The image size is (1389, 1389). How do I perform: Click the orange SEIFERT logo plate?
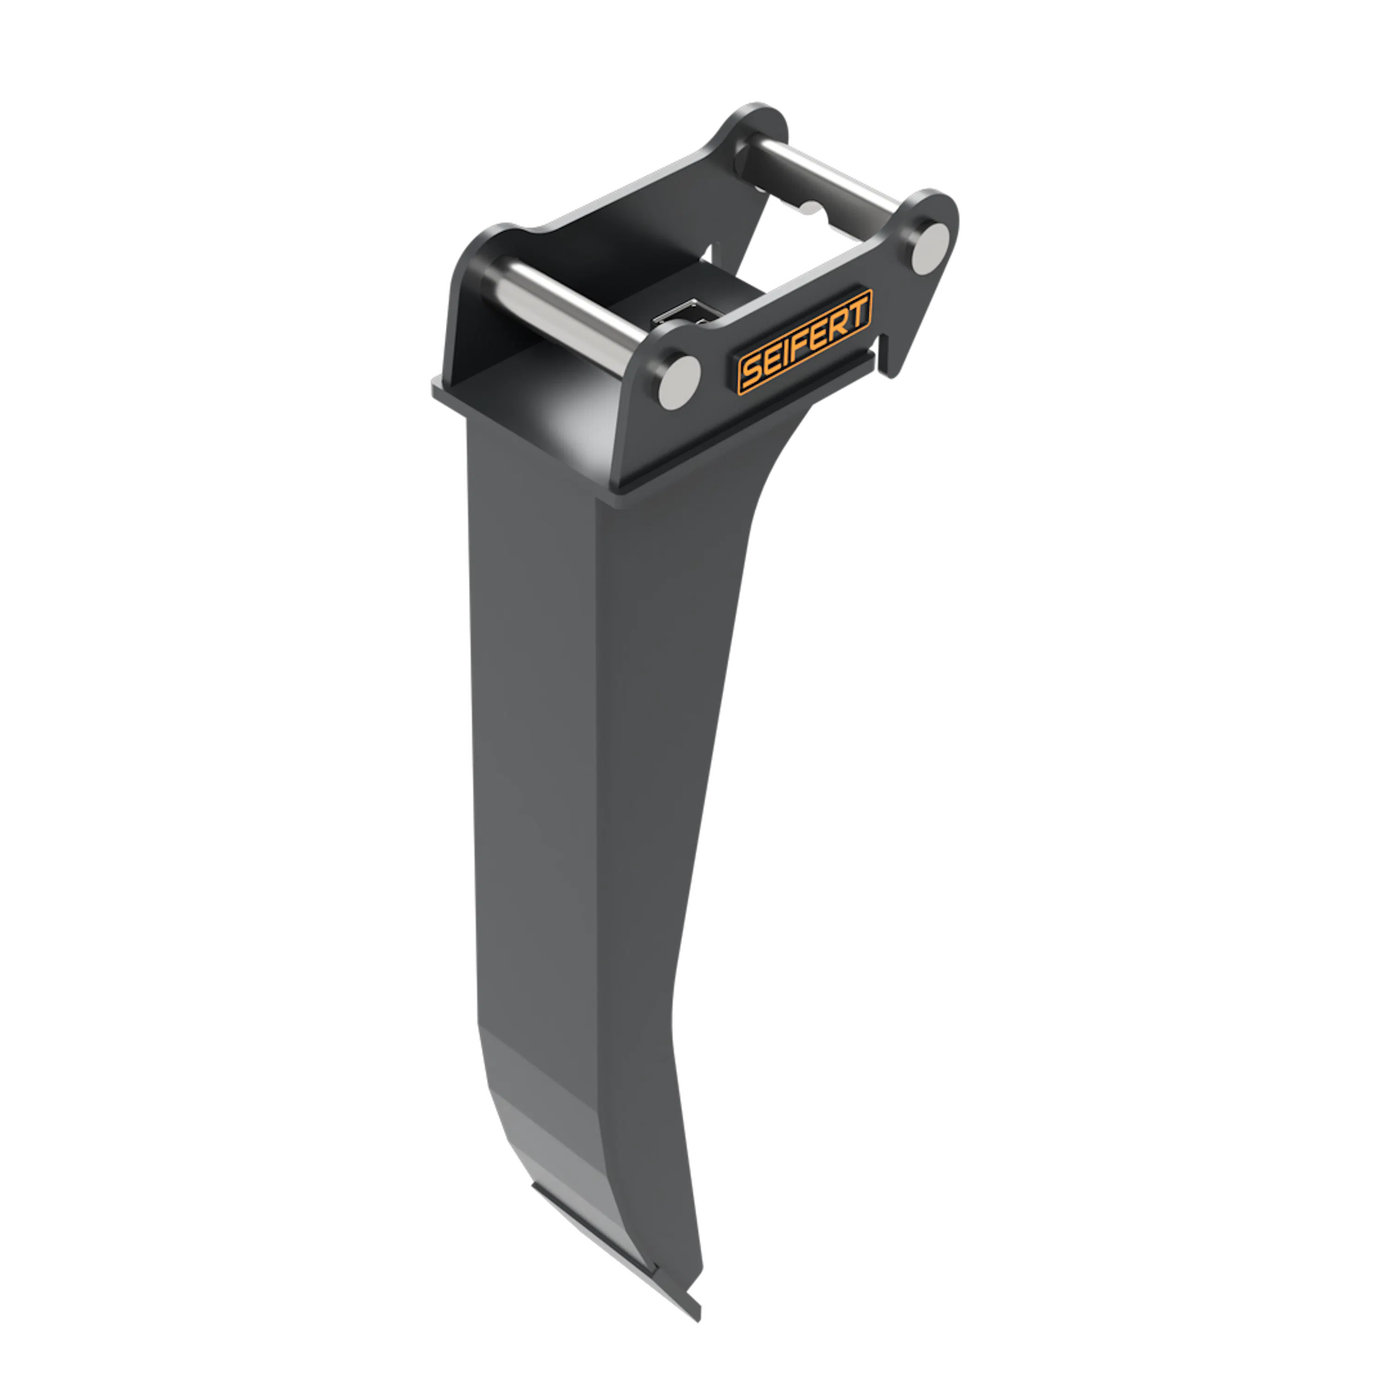(x=805, y=342)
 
